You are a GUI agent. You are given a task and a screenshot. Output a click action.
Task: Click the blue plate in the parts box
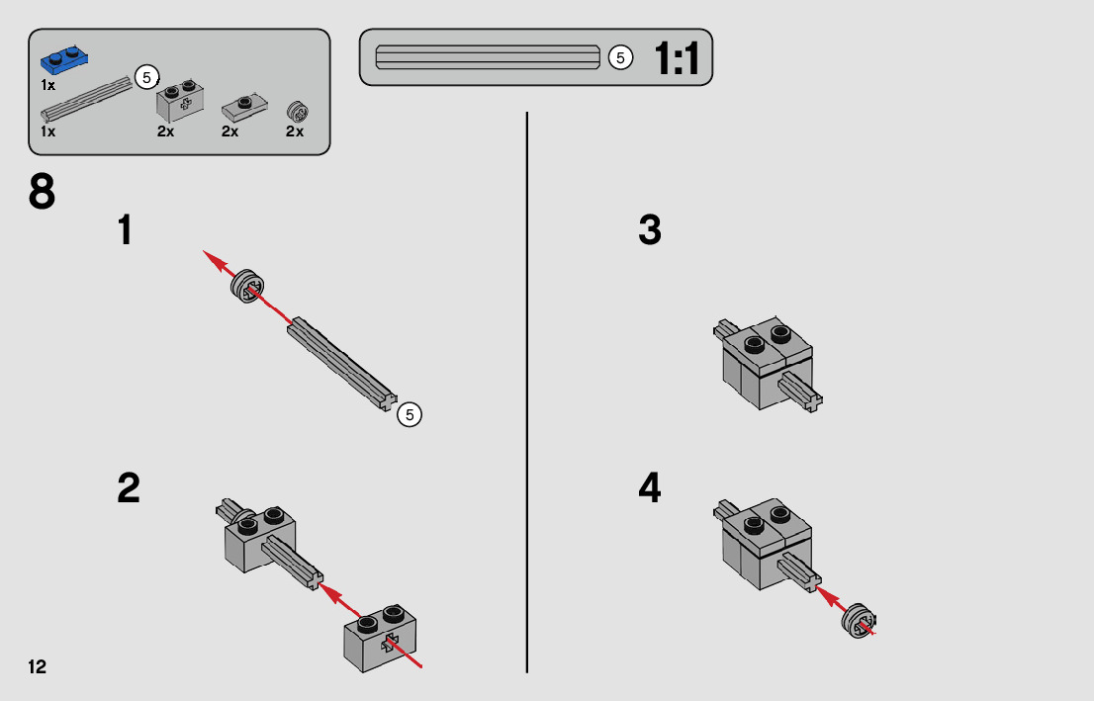click(x=63, y=60)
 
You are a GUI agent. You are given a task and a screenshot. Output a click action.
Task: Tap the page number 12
click(x=37, y=667)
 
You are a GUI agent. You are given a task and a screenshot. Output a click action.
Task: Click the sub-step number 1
click(x=125, y=230)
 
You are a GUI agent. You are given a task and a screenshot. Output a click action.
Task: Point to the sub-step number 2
click(x=129, y=488)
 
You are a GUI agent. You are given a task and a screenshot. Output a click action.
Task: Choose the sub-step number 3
click(x=650, y=230)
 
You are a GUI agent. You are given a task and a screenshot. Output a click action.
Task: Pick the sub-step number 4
click(x=650, y=488)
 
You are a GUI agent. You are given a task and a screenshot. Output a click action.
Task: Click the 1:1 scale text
click(x=677, y=58)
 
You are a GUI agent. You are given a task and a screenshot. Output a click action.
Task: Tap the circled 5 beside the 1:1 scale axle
click(x=620, y=58)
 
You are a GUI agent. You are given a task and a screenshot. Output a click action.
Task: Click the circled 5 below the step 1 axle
click(x=410, y=415)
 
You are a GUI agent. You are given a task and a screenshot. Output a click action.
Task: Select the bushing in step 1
click(x=247, y=286)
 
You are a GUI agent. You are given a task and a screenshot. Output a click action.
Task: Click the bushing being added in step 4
click(x=859, y=620)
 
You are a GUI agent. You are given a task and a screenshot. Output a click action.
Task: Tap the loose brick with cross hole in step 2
click(x=380, y=638)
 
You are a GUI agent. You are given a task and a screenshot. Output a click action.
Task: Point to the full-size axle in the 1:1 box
click(x=488, y=57)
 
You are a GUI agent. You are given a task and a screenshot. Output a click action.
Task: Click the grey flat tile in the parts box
click(x=245, y=107)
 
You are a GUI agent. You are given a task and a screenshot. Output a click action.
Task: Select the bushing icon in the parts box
click(x=298, y=112)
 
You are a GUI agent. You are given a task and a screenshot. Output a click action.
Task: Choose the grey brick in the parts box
click(x=181, y=101)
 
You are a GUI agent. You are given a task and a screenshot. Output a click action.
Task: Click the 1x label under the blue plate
click(x=48, y=85)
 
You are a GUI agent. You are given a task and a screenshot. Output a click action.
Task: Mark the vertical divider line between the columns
click(x=527, y=392)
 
